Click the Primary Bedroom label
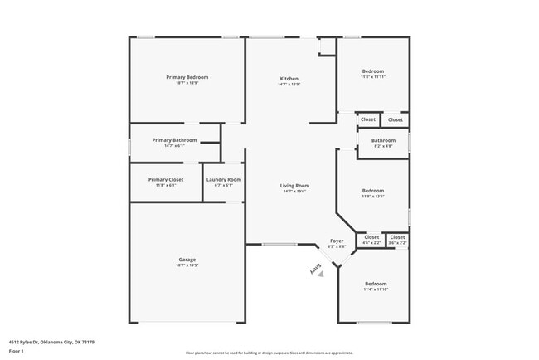[x=187, y=77]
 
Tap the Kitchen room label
[x=289, y=79]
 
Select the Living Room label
[x=294, y=185]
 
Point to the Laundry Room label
[x=224, y=179]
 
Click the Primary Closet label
[x=166, y=179]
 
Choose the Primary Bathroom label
[x=174, y=140]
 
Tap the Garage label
[x=187, y=260]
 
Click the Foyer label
[x=337, y=241]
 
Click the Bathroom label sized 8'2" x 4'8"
[x=383, y=140]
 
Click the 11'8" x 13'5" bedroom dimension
[x=373, y=197]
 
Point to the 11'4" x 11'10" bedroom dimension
[x=376, y=289]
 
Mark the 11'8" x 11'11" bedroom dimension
[x=373, y=77]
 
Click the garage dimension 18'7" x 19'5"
[x=187, y=265]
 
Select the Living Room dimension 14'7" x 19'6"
[x=294, y=191]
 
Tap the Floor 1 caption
[x=17, y=351]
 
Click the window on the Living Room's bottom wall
[x=279, y=244]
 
